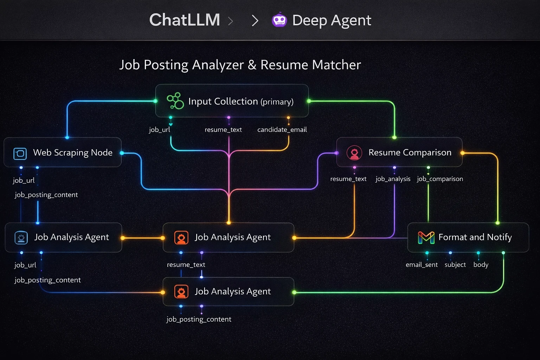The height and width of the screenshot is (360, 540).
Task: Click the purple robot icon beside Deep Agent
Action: [279, 20]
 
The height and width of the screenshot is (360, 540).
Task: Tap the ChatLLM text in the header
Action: [185, 20]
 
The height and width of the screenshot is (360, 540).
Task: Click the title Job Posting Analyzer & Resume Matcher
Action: [240, 65]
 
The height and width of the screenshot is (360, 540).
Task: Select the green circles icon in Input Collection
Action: [175, 101]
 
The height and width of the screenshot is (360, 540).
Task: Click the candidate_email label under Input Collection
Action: [282, 130]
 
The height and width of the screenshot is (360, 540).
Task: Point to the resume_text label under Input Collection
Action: [223, 130]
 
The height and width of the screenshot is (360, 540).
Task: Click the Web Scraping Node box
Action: [63, 153]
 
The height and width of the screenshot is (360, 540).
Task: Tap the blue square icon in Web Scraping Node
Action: [20, 153]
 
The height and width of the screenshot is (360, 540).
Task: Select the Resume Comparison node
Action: [399, 153]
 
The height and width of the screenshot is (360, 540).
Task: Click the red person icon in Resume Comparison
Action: [354, 153]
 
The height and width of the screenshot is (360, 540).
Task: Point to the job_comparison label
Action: [440, 179]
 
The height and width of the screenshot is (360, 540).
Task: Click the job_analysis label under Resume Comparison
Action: [393, 179]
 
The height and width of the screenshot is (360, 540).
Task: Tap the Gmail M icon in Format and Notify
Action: [426, 238]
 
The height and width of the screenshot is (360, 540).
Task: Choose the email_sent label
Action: [422, 265]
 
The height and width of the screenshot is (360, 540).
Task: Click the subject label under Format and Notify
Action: [455, 265]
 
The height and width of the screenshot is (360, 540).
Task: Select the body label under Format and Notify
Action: [481, 265]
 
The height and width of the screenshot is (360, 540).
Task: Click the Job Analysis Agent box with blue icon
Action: [63, 238]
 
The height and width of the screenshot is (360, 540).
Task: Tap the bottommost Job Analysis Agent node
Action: [229, 291]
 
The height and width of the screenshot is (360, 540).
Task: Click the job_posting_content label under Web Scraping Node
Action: [46, 195]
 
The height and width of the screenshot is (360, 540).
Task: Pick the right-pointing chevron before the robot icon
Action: [255, 20]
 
